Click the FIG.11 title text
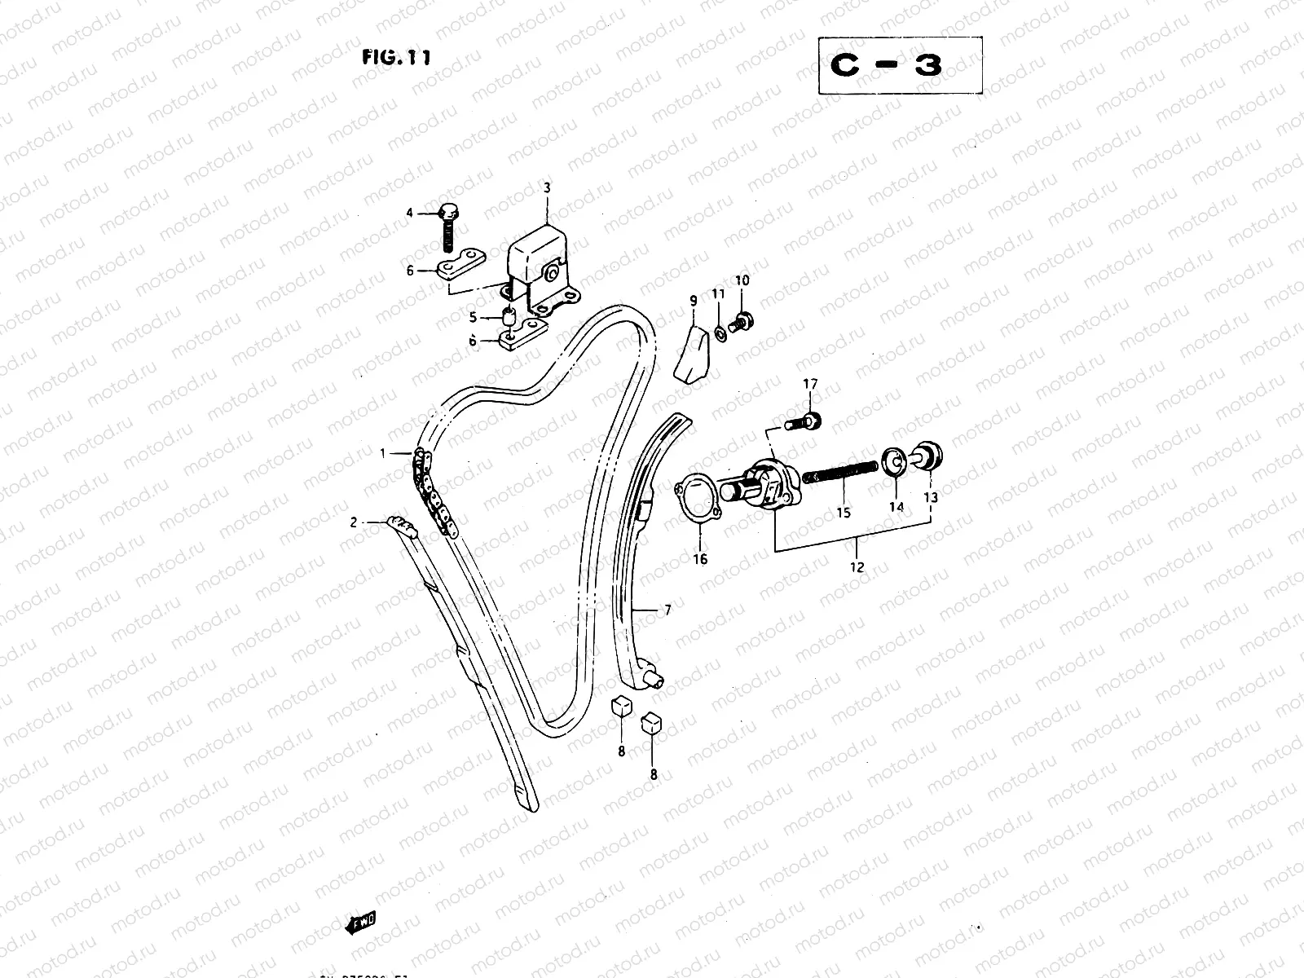(x=396, y=57)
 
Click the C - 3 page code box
(x=900, y=66)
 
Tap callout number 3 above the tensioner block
(x=547, y=187)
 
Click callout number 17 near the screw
(x=810, y=384)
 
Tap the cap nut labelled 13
(x=929, y=455)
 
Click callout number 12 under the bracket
(x=857, y=567)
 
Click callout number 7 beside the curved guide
(x=667, y=609)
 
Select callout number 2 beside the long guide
(x=354, y=522)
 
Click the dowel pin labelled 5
(x=509, y=315)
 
